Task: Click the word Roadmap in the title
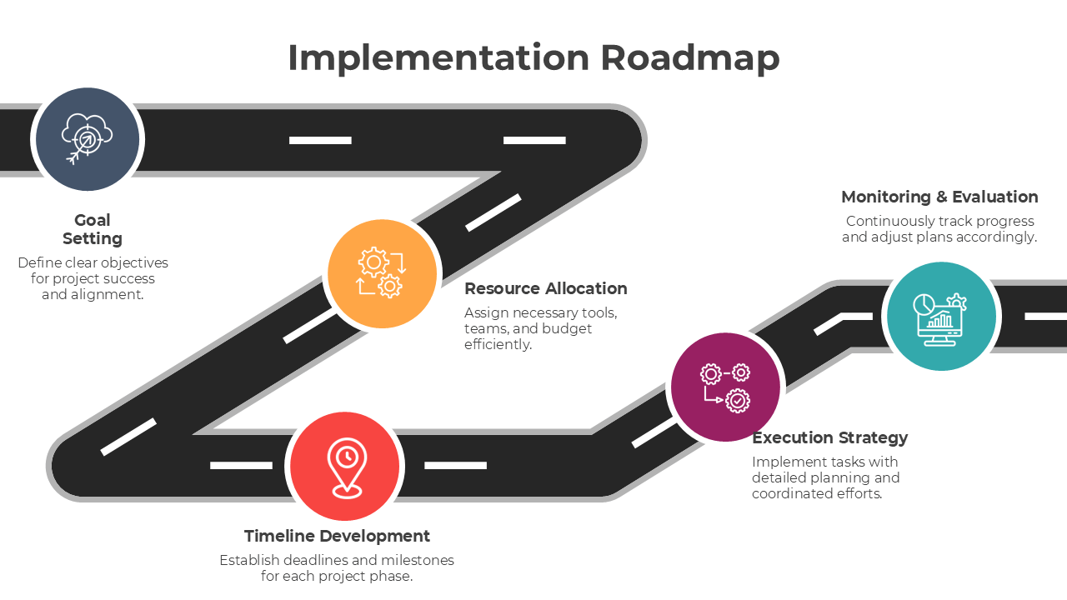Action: pos(689,58)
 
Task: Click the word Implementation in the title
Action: pos(438,58)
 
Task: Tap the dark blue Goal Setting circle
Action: pos(88,139)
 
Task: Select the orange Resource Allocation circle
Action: pos(383,273)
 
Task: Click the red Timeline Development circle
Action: pos(344,466)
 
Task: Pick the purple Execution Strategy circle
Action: pos(725,387)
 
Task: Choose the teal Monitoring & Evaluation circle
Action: pos(941,316)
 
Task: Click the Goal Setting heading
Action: pos(93,229)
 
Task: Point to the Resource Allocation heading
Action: pos(545,288)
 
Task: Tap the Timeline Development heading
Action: pos(337,536)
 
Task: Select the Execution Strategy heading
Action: pos(829,437)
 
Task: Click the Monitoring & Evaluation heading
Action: pos(939,197)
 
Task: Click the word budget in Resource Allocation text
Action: pos(567,328)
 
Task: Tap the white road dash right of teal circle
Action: pos(1045,317)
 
